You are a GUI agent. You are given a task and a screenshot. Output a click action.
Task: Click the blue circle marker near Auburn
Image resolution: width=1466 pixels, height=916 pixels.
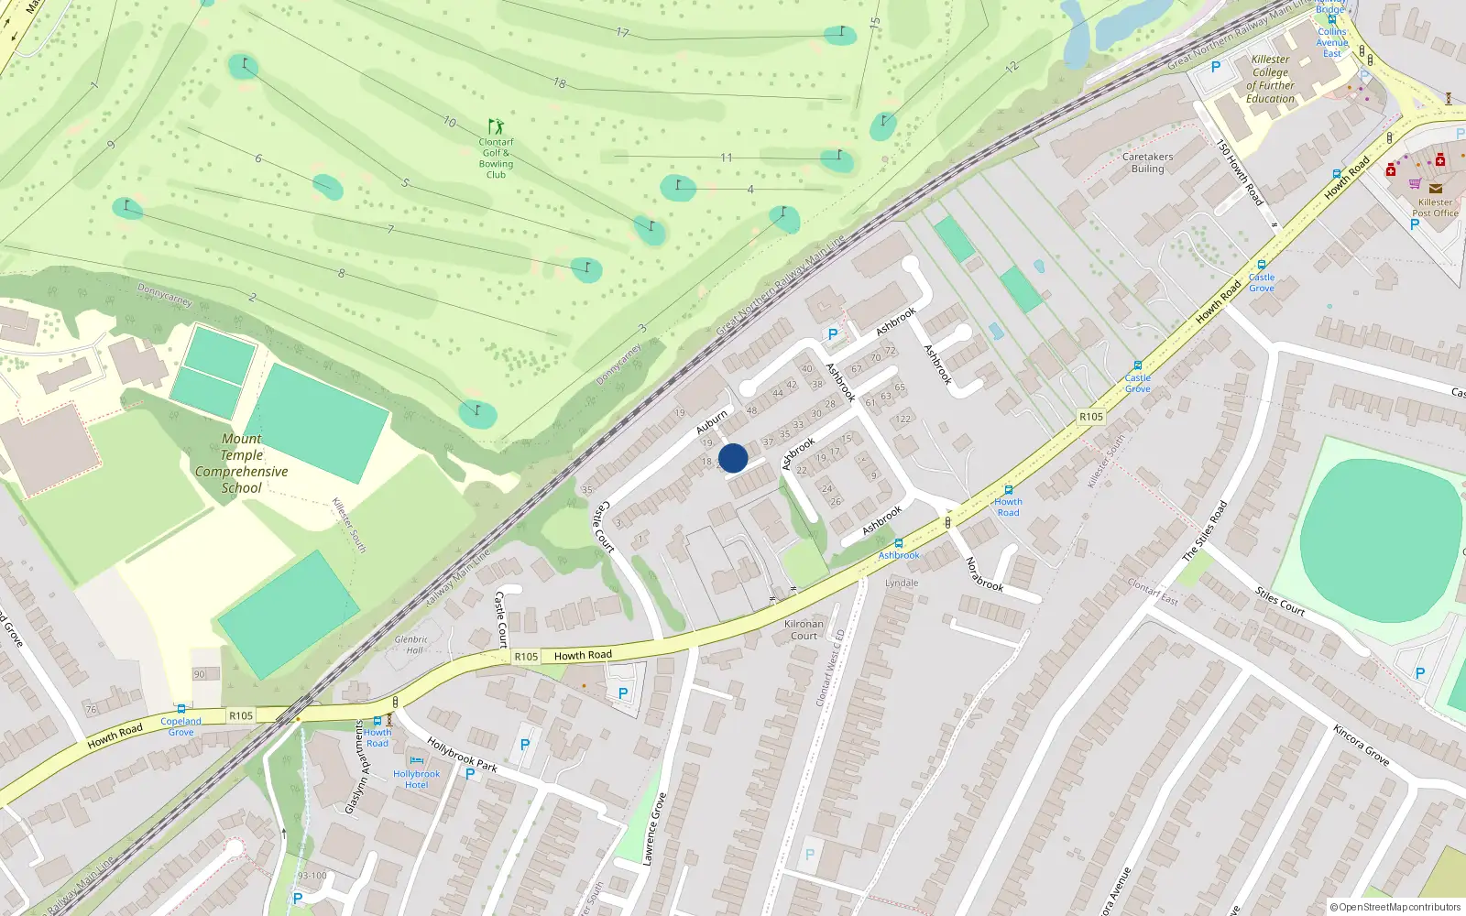(733, 458)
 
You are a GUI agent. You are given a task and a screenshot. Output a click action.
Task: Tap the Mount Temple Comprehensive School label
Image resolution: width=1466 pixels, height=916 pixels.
(241, 463)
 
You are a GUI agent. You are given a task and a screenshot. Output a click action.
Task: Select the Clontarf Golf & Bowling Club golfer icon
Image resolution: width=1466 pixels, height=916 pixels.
(496, 126)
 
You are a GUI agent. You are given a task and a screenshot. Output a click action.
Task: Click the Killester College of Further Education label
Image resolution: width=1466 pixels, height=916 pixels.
(1270, 79)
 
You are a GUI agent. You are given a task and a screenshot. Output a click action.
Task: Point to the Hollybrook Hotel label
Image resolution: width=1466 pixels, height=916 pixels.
(416, 779)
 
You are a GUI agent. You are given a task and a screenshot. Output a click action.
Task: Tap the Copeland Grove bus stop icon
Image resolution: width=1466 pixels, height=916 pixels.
(181, 709)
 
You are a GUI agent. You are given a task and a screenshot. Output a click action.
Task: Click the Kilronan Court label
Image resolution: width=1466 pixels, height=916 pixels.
(804, 629)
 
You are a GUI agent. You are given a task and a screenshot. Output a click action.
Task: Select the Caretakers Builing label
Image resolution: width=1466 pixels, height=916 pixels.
(1147, 162)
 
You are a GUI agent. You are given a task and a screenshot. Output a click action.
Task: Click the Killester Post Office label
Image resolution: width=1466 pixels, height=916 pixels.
(1435, 208)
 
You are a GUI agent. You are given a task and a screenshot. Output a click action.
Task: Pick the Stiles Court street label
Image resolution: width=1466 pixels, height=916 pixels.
(1280, 601)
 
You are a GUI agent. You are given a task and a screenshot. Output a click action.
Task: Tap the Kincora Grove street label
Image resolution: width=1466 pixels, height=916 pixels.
(1361, 745)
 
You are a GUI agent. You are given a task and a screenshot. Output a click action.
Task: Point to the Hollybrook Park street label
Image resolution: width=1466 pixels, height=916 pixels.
(462, 755)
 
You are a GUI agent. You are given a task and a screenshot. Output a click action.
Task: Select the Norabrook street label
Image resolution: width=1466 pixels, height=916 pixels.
(985, 573)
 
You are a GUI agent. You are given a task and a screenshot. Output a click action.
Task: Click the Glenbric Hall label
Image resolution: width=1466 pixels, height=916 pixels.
(412, 645)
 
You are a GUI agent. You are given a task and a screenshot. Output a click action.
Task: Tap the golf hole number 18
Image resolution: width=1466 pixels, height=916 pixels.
(560, 82)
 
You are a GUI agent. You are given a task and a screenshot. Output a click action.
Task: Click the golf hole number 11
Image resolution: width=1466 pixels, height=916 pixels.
(726, 158)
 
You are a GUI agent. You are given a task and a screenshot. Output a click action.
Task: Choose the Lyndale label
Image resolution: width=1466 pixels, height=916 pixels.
(902, 583)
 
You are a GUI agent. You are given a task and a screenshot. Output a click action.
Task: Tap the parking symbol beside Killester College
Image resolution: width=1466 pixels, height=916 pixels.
(1216, 67)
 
